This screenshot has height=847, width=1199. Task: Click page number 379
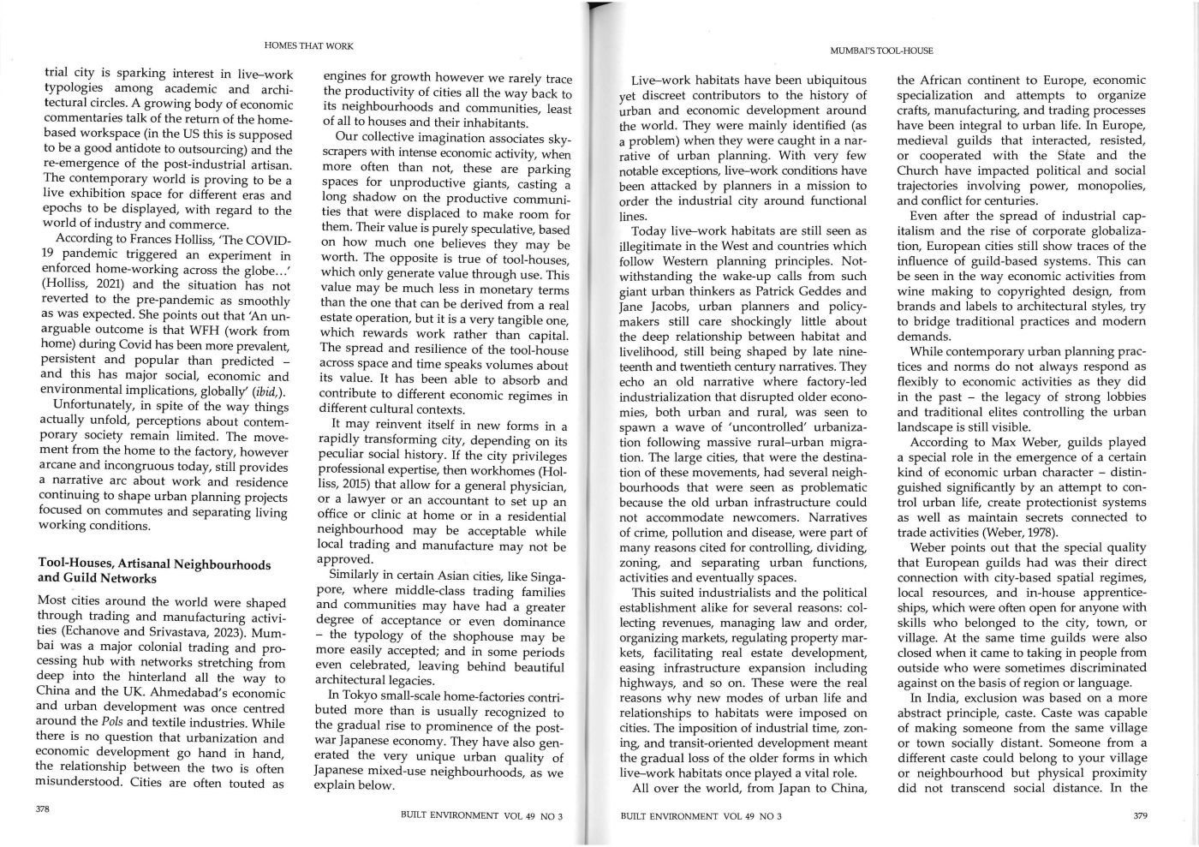(1140, 815)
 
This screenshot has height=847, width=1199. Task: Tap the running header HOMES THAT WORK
(308, 45)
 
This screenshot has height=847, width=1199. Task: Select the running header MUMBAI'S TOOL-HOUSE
(881, 51)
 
